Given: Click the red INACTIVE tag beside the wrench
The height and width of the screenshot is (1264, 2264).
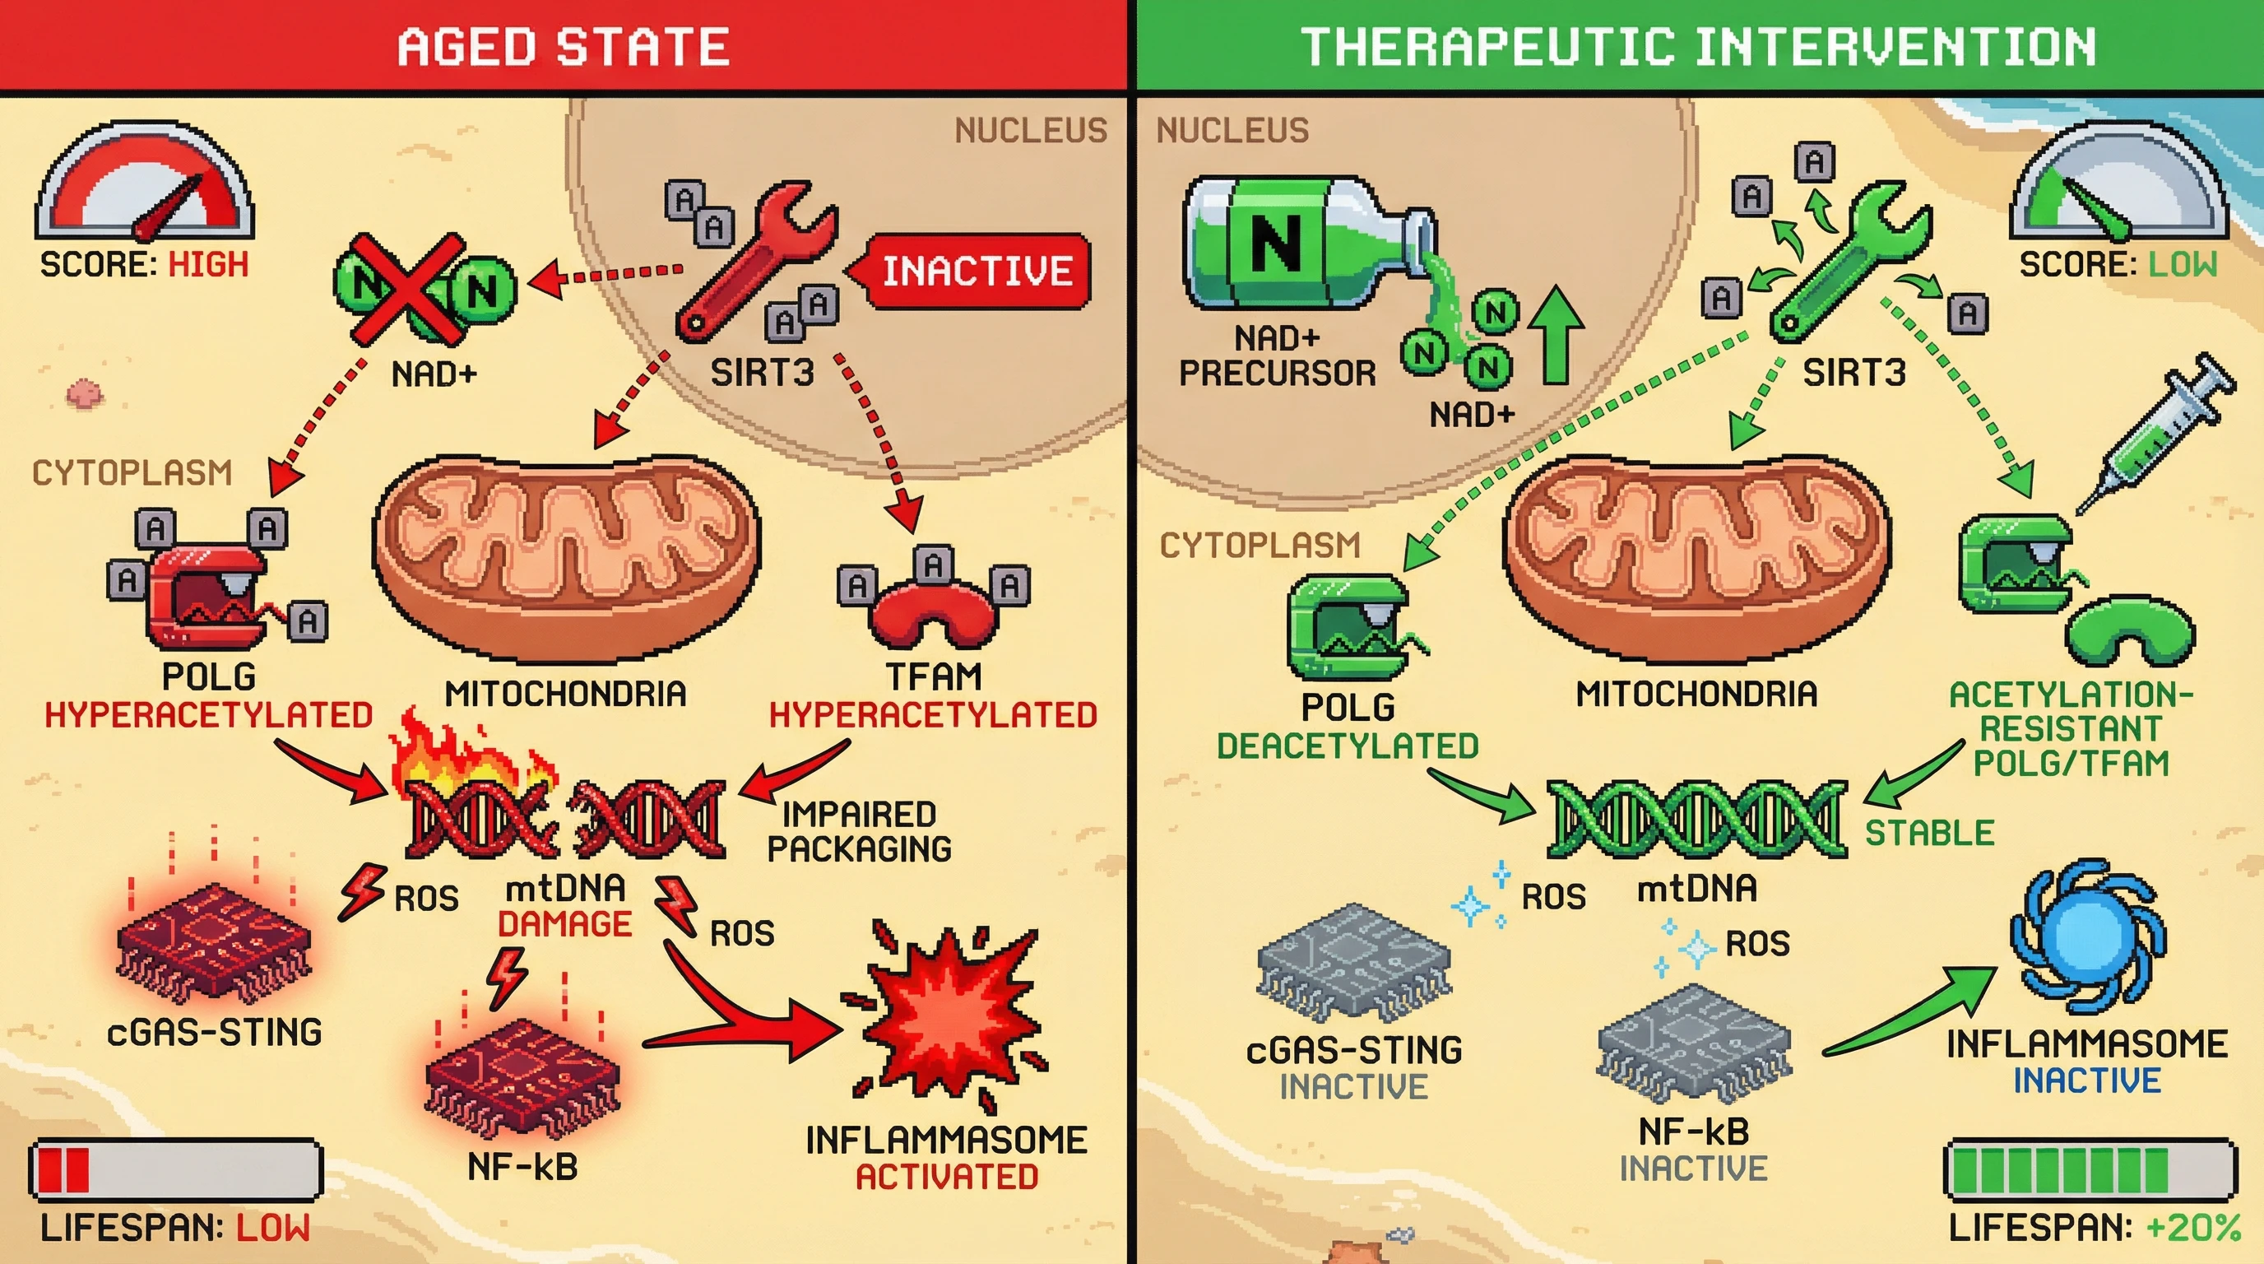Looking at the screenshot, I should click(x=976, y=271).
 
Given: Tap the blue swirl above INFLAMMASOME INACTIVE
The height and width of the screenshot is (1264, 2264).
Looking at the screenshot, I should click(x=2087, y=936).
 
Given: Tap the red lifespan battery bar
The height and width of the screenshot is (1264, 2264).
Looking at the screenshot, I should click(x=176, y=1169).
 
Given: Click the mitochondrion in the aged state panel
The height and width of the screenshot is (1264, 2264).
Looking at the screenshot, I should click(x=567, y=558).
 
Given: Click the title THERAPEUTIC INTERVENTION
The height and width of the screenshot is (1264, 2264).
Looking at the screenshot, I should click(x=1698, y=47).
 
